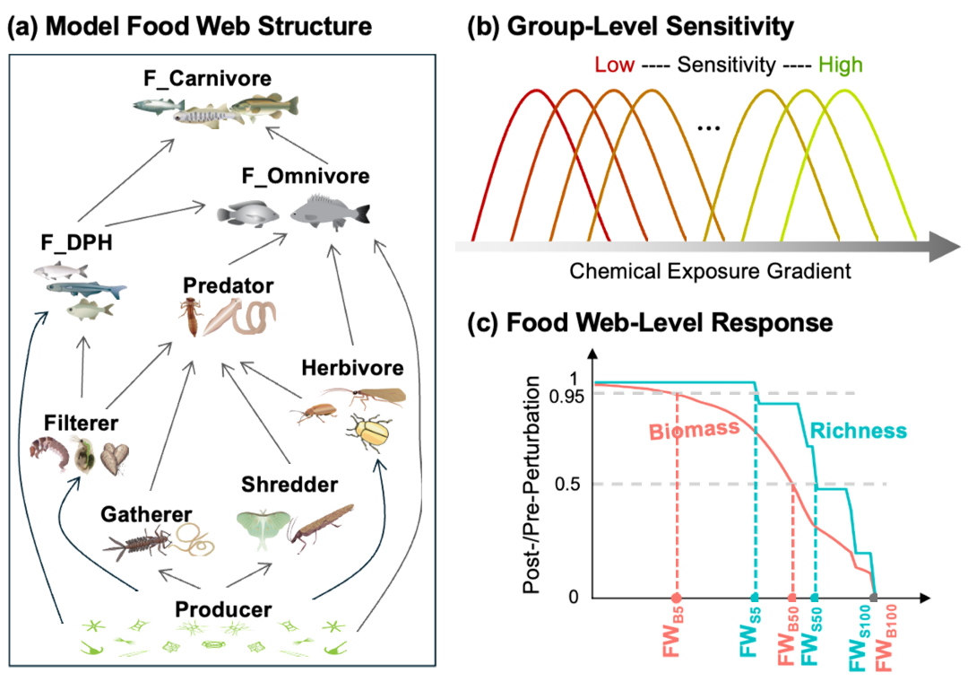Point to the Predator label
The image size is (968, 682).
[x=228, y=286]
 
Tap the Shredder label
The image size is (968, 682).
[x=289, y=485]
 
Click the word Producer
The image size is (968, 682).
[x=223, y=609]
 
